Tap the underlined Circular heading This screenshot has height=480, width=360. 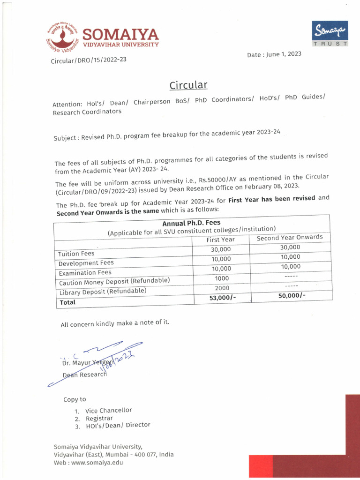[188, 85]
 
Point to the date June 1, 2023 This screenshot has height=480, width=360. [274, 54]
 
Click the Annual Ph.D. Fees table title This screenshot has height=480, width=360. [191, 223]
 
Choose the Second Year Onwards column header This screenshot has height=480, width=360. [290, 237]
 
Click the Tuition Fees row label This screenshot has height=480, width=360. [76, 254]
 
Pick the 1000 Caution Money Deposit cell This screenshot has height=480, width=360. [222, 278]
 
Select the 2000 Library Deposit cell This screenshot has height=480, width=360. [222, 288]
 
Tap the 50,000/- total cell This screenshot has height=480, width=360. [292, 295]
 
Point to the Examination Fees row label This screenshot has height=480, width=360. [85, 272]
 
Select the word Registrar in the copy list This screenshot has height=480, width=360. [99, 418]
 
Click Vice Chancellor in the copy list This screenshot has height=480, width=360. [108, 410]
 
